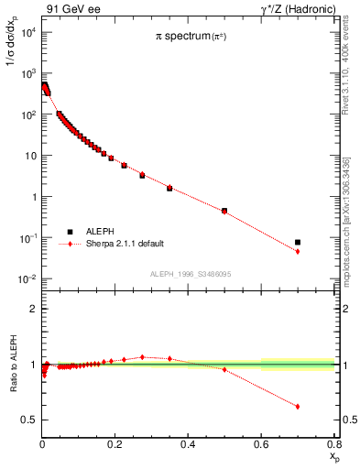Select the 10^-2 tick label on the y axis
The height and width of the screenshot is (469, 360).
(x=27, y=278)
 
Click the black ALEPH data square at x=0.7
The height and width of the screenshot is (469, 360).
(x=298, y=243)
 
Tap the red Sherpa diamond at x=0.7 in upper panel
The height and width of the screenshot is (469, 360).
(x=298, y=252)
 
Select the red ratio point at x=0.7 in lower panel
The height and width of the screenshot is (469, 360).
(x=298, y=407)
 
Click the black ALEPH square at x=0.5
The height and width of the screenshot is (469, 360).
(x=224, y=210)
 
